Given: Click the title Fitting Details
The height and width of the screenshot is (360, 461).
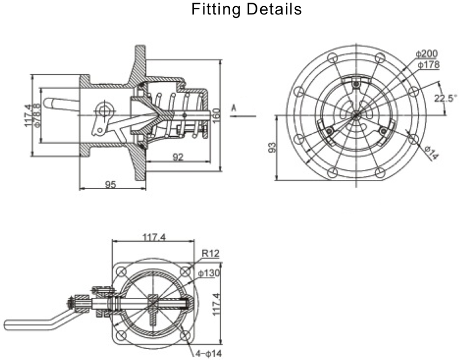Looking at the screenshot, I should [x=247, y=9].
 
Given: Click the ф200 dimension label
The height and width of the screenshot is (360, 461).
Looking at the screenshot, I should [x=427, y=54].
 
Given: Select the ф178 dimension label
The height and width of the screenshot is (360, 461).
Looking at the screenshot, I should [x=428, y=65].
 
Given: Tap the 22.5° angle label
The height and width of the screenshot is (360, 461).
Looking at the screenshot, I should [x=445, y=98].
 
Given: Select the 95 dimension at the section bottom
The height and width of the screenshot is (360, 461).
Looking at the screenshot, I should [x=110, y=185].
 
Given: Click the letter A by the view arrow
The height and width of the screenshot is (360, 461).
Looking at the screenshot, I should [x=233, y=108].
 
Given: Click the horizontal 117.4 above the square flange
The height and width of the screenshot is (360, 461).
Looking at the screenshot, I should [x=154, y=238].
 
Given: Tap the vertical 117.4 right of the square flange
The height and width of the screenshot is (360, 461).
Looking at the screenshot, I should [x=216, y=304].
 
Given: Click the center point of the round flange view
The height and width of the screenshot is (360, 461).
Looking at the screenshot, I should [x=356, y=115].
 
